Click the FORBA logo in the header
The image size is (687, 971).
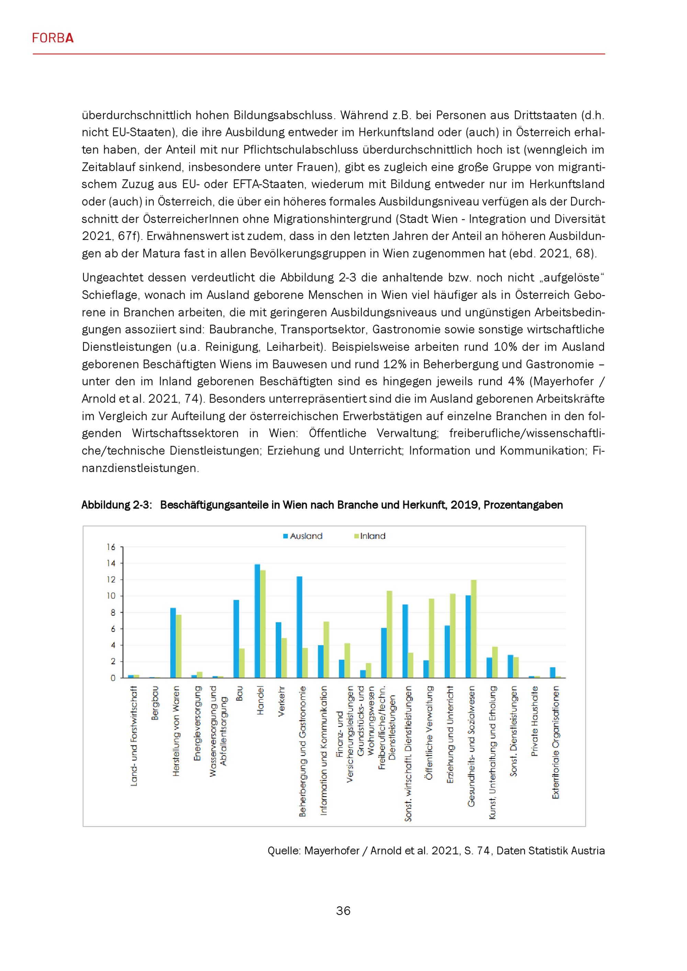(53, 38)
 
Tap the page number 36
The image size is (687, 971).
(343, 911)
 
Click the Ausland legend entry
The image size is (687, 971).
(303, 536)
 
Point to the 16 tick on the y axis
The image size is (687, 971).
(111, 547)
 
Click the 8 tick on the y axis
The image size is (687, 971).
(113, 613)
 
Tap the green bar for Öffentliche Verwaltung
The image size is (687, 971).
(431, 638)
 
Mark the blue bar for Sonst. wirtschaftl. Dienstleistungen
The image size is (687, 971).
(405, 641)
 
